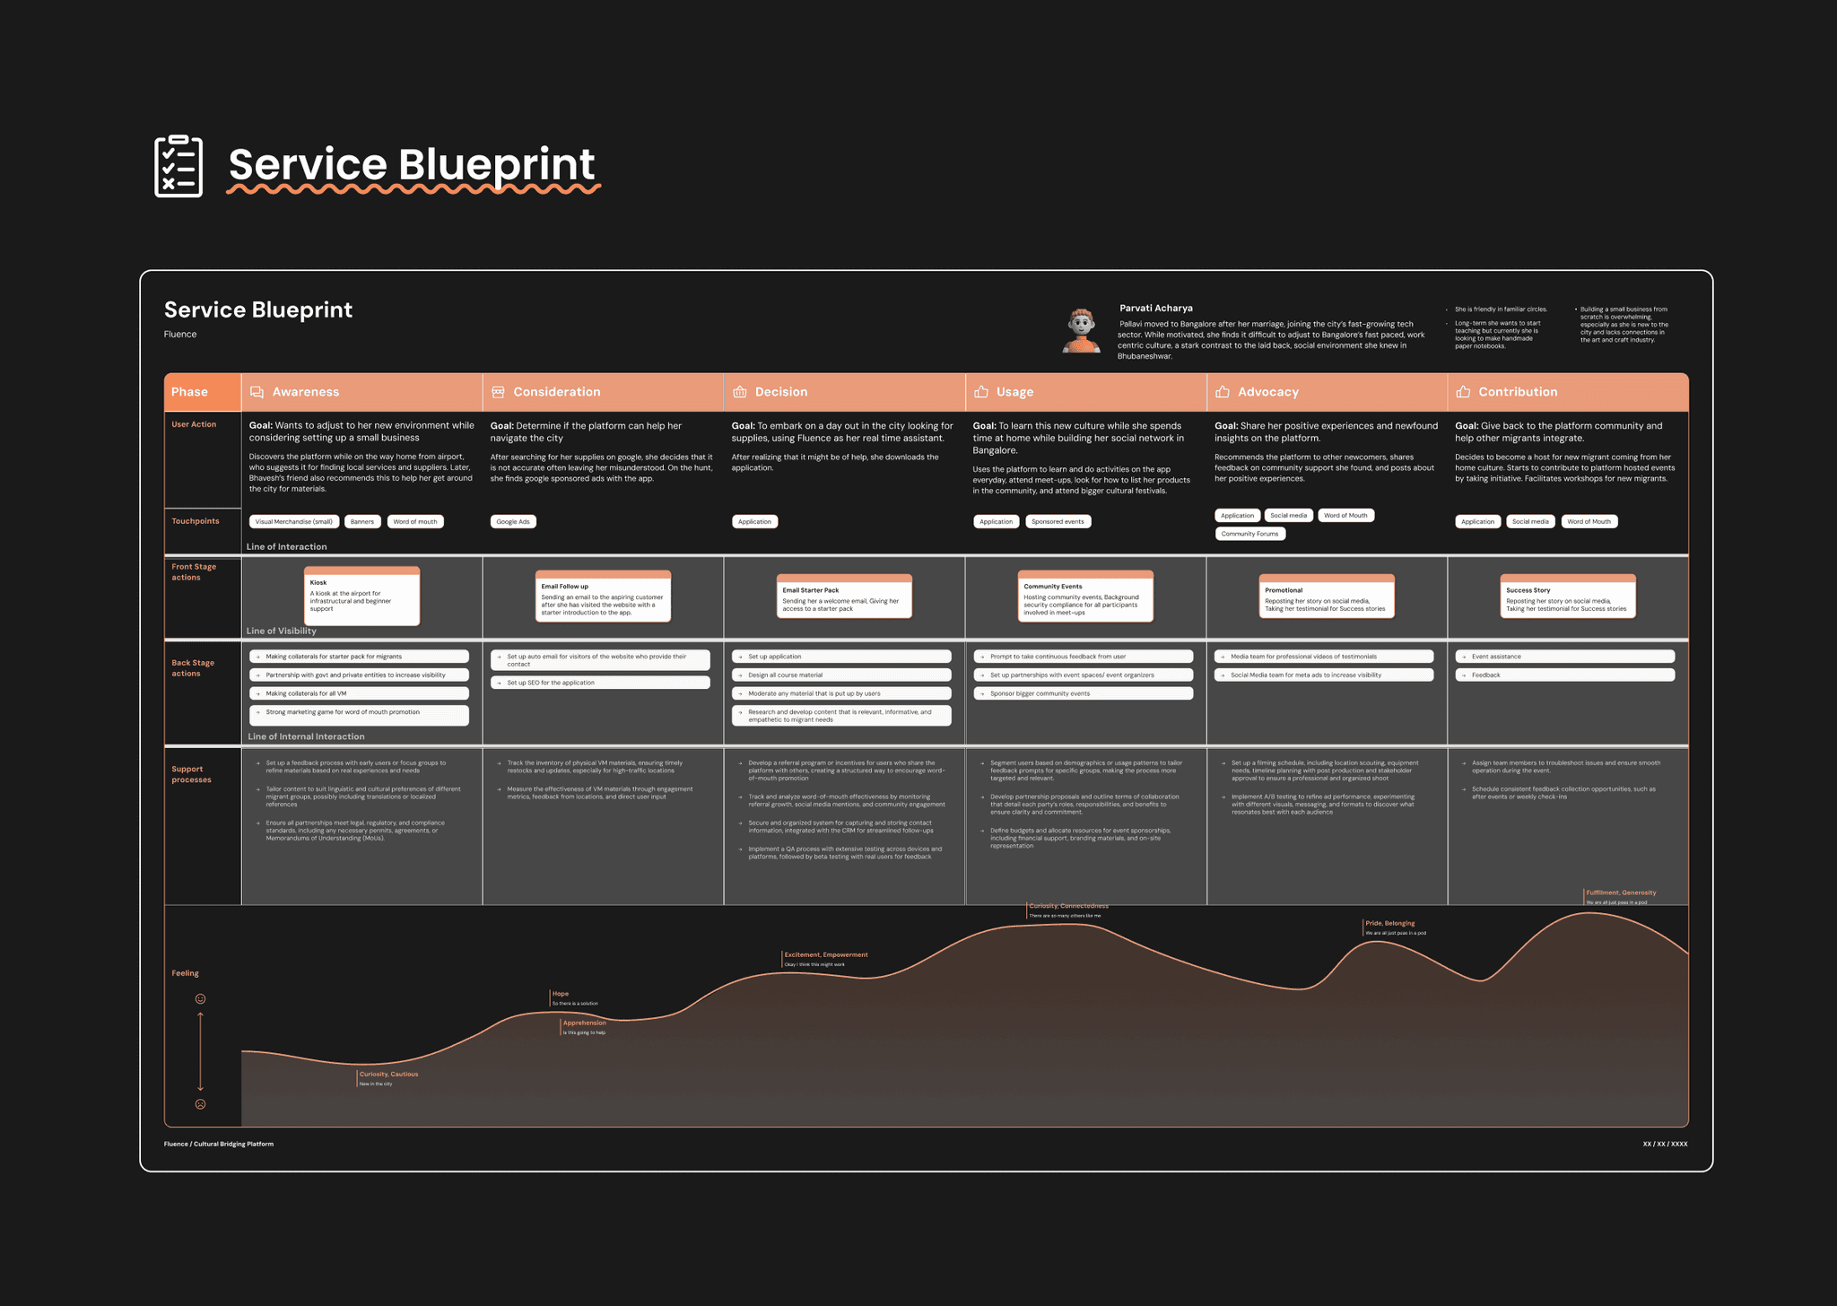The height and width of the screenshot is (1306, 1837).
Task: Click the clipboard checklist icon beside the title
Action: pyautogui.click(x=178, y=166)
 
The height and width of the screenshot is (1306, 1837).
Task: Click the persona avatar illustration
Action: pyautogui.click(x=1082, y=330)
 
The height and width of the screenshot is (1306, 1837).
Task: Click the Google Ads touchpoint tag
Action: pyautogui.click(x=513, y=521)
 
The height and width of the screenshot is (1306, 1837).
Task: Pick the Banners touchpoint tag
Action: pyautogui.click(x=362, y=521)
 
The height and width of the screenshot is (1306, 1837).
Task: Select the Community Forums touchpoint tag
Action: pyautogui.click(x=1249, y=534)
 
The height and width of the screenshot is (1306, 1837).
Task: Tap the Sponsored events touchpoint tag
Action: pyautogui.click(x=1058, y=521)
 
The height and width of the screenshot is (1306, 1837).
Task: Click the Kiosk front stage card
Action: pyautogui.click(x=361, y=596)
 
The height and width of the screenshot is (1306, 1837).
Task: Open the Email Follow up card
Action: pyautogui.click(x=603, y=596)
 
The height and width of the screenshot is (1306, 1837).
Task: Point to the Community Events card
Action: pyautogui.click(x=1085, y=596)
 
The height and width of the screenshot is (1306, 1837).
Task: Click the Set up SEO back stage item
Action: pyautogui.click(x=600, y=683)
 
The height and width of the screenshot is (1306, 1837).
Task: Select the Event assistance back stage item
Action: pyautogui.click(x=1564, y=657)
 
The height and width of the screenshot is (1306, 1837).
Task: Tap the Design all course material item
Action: pyautogui.click(x=841, y=675)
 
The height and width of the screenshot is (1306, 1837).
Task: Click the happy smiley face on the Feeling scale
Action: pyautogui.click(x=200, y=998)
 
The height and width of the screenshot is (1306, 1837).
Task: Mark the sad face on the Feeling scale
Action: pyautogui.click(x=200, y=1104)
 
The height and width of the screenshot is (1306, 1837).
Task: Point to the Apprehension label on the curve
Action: pyautogui.click(x=584, y=1023)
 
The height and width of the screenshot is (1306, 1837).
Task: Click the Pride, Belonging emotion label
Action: pyautogui.click(x=1389, y=923)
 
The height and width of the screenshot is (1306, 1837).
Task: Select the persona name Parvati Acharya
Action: pyautogui.click(x=1155, y=308)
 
